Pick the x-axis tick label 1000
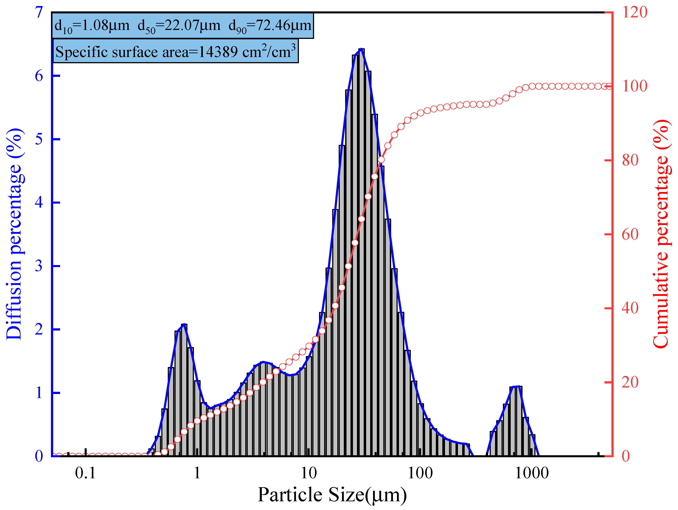point(532,473)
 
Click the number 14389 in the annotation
point(218,52)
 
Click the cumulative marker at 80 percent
point(381,160)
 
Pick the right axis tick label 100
point(634,86)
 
